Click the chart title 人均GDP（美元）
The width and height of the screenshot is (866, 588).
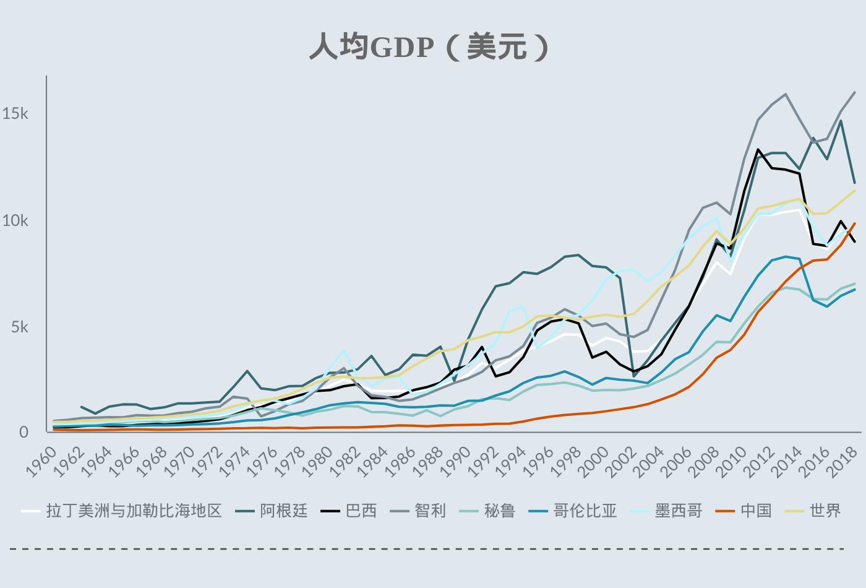point(429,47)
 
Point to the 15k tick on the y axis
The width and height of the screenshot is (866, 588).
point(15,113)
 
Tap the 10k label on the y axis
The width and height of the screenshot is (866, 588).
point(15,220)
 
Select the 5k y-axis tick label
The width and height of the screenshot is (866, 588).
point(19,327)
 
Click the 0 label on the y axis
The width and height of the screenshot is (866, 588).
point(24,433)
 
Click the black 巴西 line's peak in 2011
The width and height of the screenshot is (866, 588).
point(758,149)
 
